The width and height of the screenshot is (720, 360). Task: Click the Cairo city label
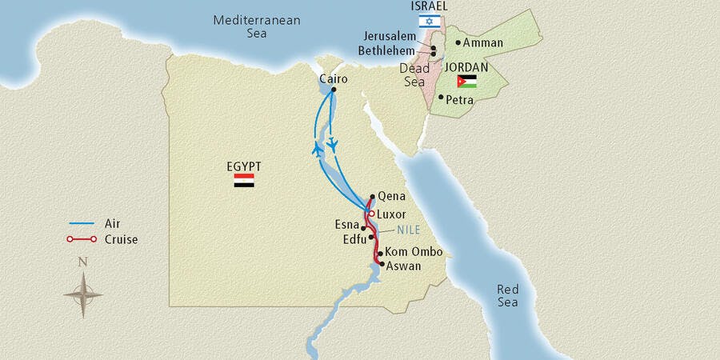tap(333, 78)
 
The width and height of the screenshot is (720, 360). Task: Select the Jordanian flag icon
tap(467, 81)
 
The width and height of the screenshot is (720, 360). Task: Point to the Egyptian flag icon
tap(244, 182)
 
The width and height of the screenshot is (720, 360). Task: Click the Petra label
tap(460, 101)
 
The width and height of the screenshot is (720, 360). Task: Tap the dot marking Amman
tap(458, 42)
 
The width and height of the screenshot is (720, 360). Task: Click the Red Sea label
tap(507, 295)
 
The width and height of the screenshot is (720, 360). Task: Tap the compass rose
tap(83, 294)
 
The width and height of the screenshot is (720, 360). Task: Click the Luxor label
tap(391, 214)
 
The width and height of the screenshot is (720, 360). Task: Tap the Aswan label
tap(404, 266)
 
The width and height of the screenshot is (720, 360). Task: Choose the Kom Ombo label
tap(414, 252)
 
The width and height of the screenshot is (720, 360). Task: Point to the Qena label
tap(392, 196)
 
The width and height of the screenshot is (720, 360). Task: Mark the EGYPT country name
tap(244, 166)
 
